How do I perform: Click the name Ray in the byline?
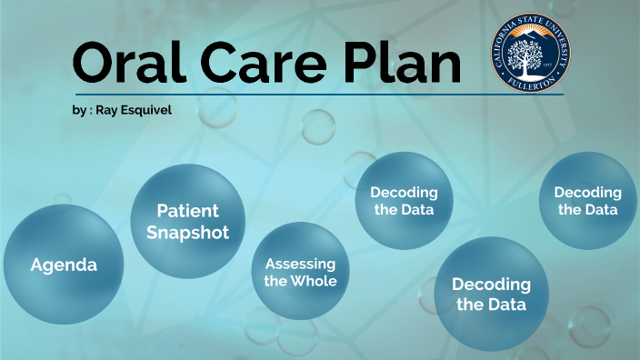coord(107,110)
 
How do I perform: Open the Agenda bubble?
coord(64,265)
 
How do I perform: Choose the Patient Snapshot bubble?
coord(188,221)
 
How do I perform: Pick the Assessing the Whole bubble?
coord(300,272)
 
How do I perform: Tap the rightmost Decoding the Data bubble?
coord(588,200)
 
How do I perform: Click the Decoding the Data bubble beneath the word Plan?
coord(404,200)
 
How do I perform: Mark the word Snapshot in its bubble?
coord(188,232)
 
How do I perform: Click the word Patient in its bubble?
coord(188,211)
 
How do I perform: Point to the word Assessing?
coord(300,264)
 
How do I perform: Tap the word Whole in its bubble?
coord(315,281)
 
